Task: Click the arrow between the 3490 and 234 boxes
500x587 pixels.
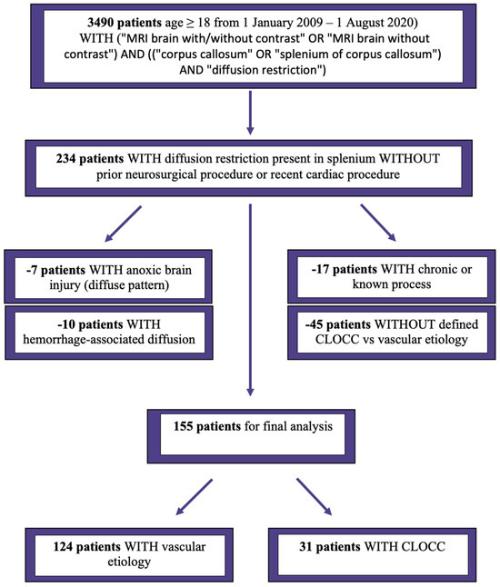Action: [x=250, y=113]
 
